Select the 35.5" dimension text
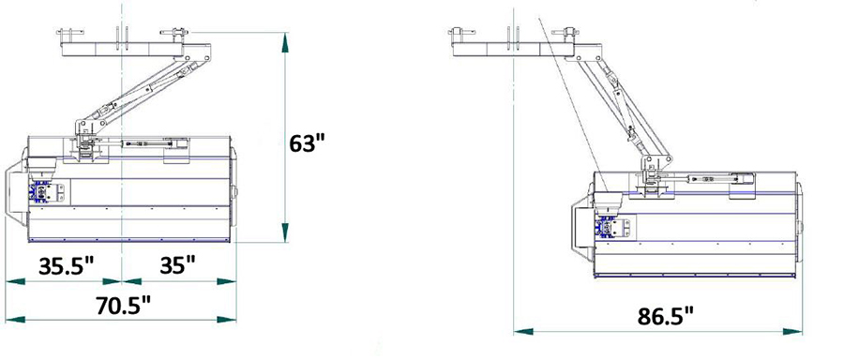click(67, 265)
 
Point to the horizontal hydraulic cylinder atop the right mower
click(717, 175)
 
